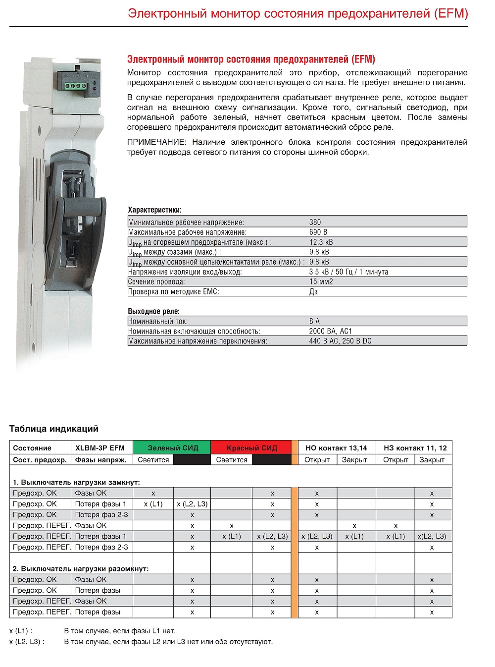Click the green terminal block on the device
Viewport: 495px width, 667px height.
(74, 86)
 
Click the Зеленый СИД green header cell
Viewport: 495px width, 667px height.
(173, 448)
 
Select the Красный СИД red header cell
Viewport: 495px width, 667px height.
(251, 448)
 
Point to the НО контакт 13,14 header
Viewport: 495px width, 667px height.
(336, 448)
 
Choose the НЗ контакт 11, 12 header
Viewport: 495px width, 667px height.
(415, 448)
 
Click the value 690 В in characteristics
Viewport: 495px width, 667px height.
(318, 232)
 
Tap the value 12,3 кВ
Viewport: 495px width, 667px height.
(321, 242)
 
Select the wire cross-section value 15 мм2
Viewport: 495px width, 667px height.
(321, 281)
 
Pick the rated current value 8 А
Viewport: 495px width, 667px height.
(314, 321)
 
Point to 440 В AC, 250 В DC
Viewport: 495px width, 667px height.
(340, 341)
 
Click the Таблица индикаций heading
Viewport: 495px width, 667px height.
(54, 429)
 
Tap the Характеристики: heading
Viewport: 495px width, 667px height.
(154, 210)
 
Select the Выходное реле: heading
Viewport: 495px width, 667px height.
(153, 311)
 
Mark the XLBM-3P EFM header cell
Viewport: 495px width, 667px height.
(100, 448)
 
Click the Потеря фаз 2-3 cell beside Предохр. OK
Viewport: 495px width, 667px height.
(101, 515)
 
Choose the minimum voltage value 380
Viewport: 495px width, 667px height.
(315, 222)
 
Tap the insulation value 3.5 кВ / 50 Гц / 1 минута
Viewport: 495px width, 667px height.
(348, 272)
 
